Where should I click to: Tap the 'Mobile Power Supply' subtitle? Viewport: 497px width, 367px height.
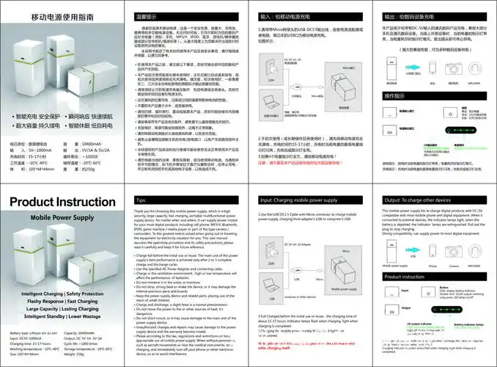pyautogui.click(x=59, y=218)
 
